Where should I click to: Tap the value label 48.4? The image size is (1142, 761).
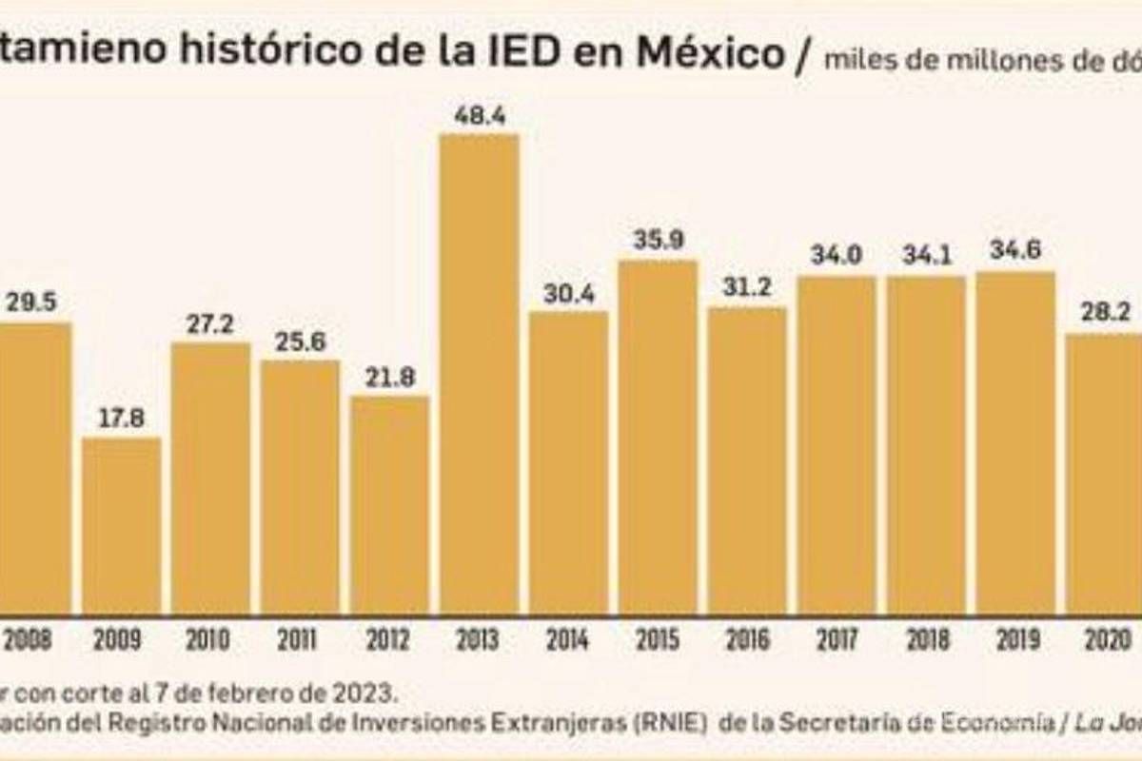[x=479, y=117]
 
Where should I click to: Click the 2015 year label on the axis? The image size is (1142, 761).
[x=658, y=640]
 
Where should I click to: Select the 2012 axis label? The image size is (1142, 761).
[x=389, y=640]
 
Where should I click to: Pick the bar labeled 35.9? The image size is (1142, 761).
[x=658, y=438]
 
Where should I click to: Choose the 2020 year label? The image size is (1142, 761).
[x=1104, y=640]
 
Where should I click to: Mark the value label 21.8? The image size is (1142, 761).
[x=389, y=379]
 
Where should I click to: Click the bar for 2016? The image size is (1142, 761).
[x=747, y=459]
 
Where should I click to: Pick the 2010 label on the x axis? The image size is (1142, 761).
[x=209, y=640]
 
